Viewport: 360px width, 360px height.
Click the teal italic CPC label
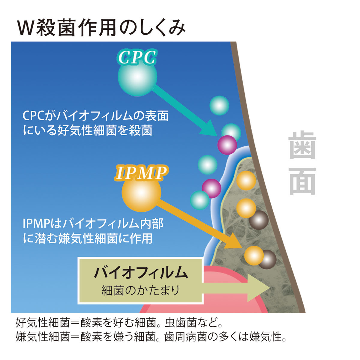137,57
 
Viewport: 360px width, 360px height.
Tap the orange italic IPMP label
141,173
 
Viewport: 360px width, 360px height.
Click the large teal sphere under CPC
137,76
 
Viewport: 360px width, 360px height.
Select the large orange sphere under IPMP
141,192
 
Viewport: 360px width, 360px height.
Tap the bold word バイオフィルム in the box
141,273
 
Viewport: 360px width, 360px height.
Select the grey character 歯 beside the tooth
302,145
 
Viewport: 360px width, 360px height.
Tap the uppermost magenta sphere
227,145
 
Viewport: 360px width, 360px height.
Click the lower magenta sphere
211,188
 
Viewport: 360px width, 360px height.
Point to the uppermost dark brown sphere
259,220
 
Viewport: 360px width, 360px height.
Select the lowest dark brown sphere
267,259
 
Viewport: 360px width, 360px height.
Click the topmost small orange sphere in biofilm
246,181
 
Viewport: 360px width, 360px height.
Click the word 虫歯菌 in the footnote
181,322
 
